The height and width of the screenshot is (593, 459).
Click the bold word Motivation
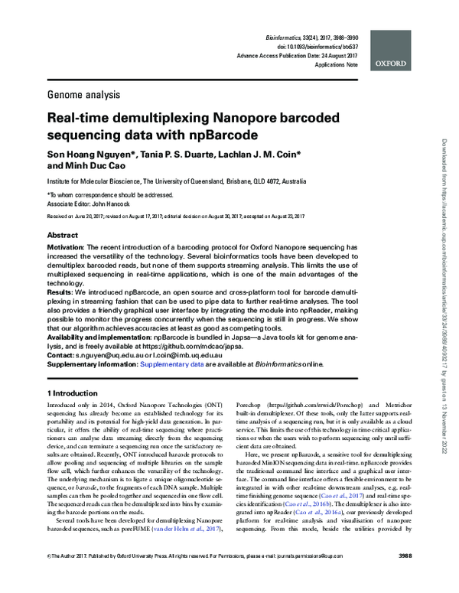67,249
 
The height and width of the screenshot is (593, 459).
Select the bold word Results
60,292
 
